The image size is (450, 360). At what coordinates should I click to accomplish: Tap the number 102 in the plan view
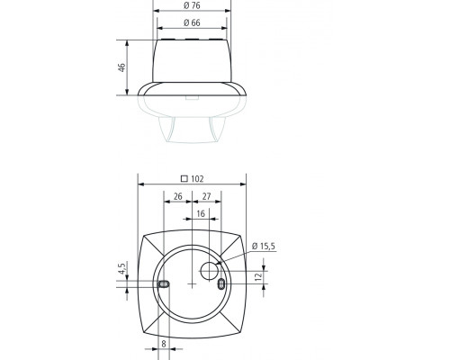pyautogui.click(x=195, y=178)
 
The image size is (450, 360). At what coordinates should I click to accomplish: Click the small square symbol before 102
pyautogui.click(x=184, y=178)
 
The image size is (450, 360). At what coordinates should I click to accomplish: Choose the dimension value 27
pyautogui.click(x=206, y=195)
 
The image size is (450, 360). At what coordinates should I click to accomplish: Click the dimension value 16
pyautogui.click(x=200, y=214)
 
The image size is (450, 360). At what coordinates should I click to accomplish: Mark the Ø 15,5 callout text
pyautogui.click(x=267, y=244)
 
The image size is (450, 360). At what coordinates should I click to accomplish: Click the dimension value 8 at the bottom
pyautogui.click(x=163, y=343)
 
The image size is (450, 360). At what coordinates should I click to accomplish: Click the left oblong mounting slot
pyautogui.click(x=163, y=284)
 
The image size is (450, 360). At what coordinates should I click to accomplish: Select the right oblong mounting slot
pyautogui.click(x=221, y=284)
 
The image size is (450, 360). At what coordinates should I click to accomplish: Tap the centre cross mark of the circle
pyautogui.click(x=192, y=284)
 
